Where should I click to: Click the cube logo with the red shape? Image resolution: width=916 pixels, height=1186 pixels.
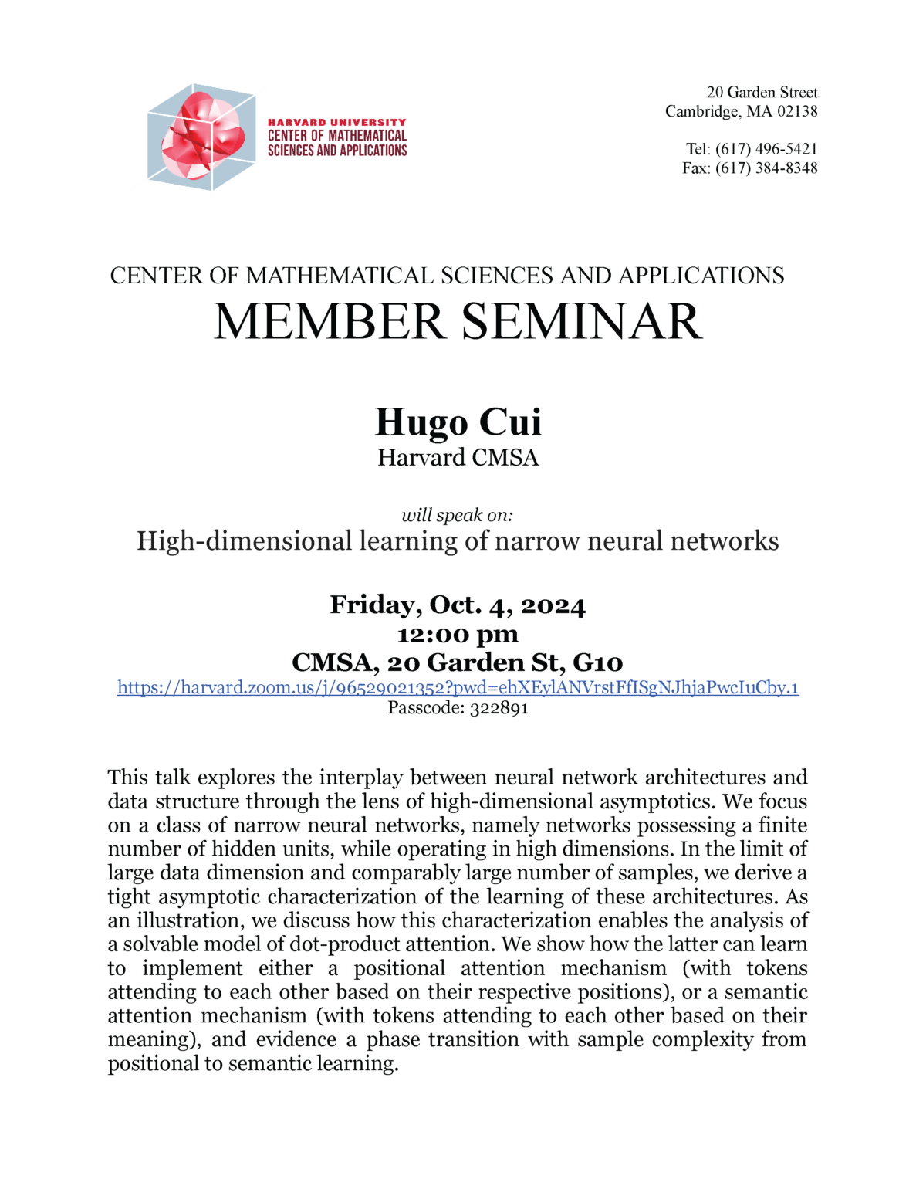[x=201, y=137]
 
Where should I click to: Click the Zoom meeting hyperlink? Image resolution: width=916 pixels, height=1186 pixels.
[x=458, y=687]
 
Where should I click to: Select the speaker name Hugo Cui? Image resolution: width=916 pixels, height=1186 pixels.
[x=458, y=422]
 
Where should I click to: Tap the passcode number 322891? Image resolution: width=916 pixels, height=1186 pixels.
[x=499, y=708]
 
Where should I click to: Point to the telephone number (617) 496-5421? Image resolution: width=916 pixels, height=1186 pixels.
[x=766, y=149]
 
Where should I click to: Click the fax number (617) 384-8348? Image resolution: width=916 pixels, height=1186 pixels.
[x=766, y=168]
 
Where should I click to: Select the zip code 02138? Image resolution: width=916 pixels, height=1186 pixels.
[x=797, y=111]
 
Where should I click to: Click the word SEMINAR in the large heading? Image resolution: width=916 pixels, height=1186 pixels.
[x=582, y=322]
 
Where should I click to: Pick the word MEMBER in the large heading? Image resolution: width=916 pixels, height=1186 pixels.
[x=330, y=322]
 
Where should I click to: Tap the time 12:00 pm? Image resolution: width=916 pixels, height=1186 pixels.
[x=458, y=634]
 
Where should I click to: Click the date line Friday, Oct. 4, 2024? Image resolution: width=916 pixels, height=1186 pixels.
[x=458, y=605]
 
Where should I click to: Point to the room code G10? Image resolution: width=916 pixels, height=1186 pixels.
[x=598, y=662]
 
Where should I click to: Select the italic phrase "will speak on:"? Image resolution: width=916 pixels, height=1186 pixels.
[x=457, y=515]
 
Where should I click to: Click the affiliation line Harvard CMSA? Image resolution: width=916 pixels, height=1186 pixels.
[x=458, y=458]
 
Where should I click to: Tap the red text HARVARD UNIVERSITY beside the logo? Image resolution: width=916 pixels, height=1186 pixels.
[x=336, y=122]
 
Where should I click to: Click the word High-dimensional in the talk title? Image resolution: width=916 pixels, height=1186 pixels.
[x=245, y=541]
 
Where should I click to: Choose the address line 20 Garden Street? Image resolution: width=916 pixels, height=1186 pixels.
[x=762, y=93]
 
